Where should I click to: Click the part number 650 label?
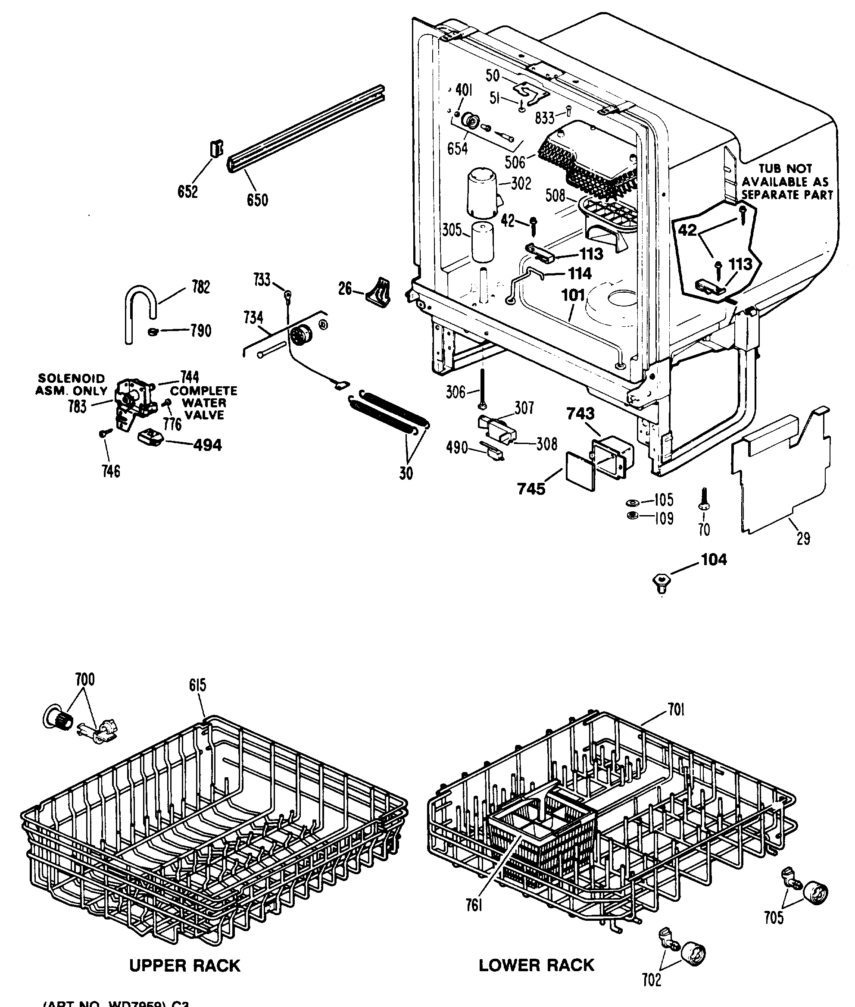[257, 200]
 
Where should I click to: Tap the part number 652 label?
[187, 191]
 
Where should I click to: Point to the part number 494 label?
[207, 445]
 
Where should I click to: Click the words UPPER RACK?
[185, 965]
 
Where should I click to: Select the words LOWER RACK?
[536, 965]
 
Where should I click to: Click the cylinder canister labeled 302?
[483, 193]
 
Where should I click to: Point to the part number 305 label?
[452, 230]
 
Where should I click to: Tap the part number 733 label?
[262, 280]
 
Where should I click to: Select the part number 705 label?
[773, 918]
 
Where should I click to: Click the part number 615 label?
[198, 685]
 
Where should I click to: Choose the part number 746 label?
[111, 471]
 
